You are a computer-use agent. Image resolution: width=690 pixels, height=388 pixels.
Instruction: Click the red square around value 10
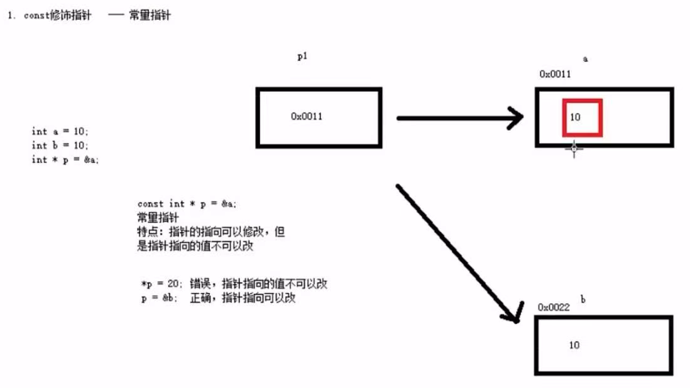coord(582,117)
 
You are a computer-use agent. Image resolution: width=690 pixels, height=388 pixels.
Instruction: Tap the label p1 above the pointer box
coord(302,56)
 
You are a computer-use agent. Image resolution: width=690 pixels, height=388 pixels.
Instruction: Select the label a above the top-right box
coord(586,59)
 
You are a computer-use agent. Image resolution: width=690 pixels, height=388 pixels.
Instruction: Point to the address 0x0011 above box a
coord(555,74)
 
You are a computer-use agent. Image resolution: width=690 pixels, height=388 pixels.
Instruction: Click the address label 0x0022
coord(554,307)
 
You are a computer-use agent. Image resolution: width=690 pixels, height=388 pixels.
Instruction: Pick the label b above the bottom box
coord(583,300)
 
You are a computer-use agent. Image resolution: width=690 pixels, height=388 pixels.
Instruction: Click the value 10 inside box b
coord(574,345)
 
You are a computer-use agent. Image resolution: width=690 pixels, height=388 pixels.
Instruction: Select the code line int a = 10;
coord(60,131)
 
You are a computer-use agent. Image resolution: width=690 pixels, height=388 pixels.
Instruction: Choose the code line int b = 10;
coord(60,145)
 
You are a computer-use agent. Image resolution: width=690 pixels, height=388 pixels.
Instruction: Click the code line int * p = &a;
coord(65,160)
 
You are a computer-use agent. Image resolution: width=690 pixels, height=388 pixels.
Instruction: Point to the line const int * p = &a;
coord(187,204)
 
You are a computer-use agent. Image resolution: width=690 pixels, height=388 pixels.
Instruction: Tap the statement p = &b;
coord(157,299)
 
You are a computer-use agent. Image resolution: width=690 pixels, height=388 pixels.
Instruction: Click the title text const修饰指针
coord(57,16)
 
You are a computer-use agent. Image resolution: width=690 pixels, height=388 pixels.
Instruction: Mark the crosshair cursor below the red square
coord(573,148)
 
